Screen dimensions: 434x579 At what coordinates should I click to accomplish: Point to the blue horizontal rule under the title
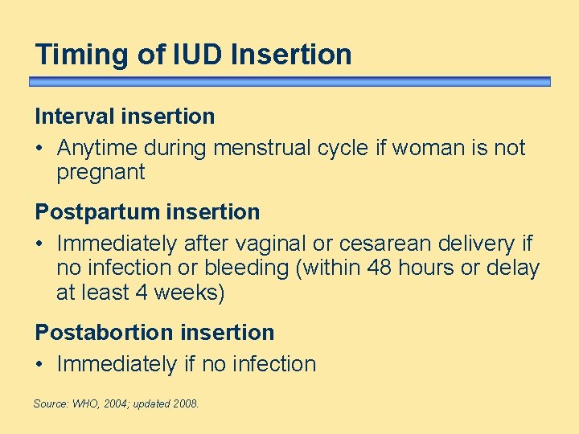(289, 81)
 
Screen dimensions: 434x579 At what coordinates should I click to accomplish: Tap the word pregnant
(101, 172)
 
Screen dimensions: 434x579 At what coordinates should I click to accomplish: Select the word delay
(513, 268)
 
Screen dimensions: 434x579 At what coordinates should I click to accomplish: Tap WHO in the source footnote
(83, 403)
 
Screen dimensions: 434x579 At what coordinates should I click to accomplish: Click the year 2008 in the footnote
(185, 403)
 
